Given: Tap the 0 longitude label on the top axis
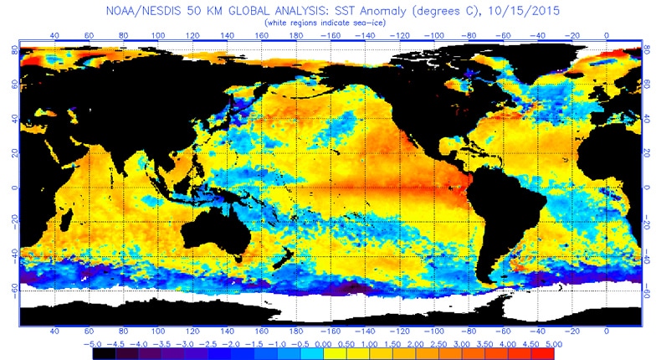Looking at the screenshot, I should point(606,37).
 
